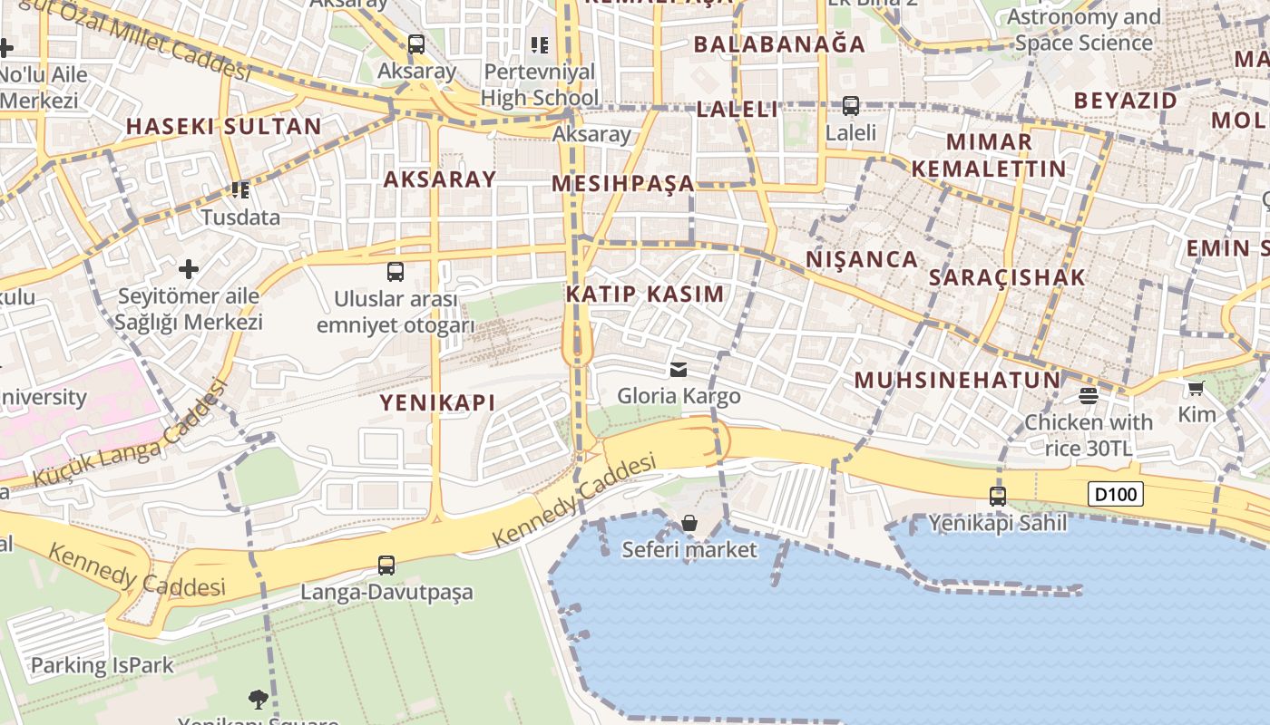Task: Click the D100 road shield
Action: pos(1115,495)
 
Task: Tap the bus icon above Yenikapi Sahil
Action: pos(998,497)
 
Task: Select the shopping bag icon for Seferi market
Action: pos(689,523)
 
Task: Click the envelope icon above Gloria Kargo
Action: pos(678,369)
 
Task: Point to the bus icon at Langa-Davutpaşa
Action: pos(386,565)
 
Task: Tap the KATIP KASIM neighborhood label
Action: pos(645,294)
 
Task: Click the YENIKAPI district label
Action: pos(437,402)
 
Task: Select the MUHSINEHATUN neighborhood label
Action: pos(957,380)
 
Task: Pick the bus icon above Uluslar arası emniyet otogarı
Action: pos(396,271)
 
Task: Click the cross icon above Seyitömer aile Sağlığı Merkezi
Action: pos(189,269)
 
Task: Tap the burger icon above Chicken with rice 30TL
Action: pos(1089,395)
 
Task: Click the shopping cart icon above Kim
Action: pos(1196,389)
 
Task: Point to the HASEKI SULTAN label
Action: pos(223,126)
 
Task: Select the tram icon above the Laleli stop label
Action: pos(851,106)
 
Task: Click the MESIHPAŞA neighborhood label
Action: pos(623,184)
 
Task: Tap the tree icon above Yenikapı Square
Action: pos(259,699)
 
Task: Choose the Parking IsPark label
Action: pos(102,665)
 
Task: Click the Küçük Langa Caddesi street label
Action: pos(130,435)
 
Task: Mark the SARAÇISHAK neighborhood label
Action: pos(1007,277)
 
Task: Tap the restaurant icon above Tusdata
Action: pos(240,190)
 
